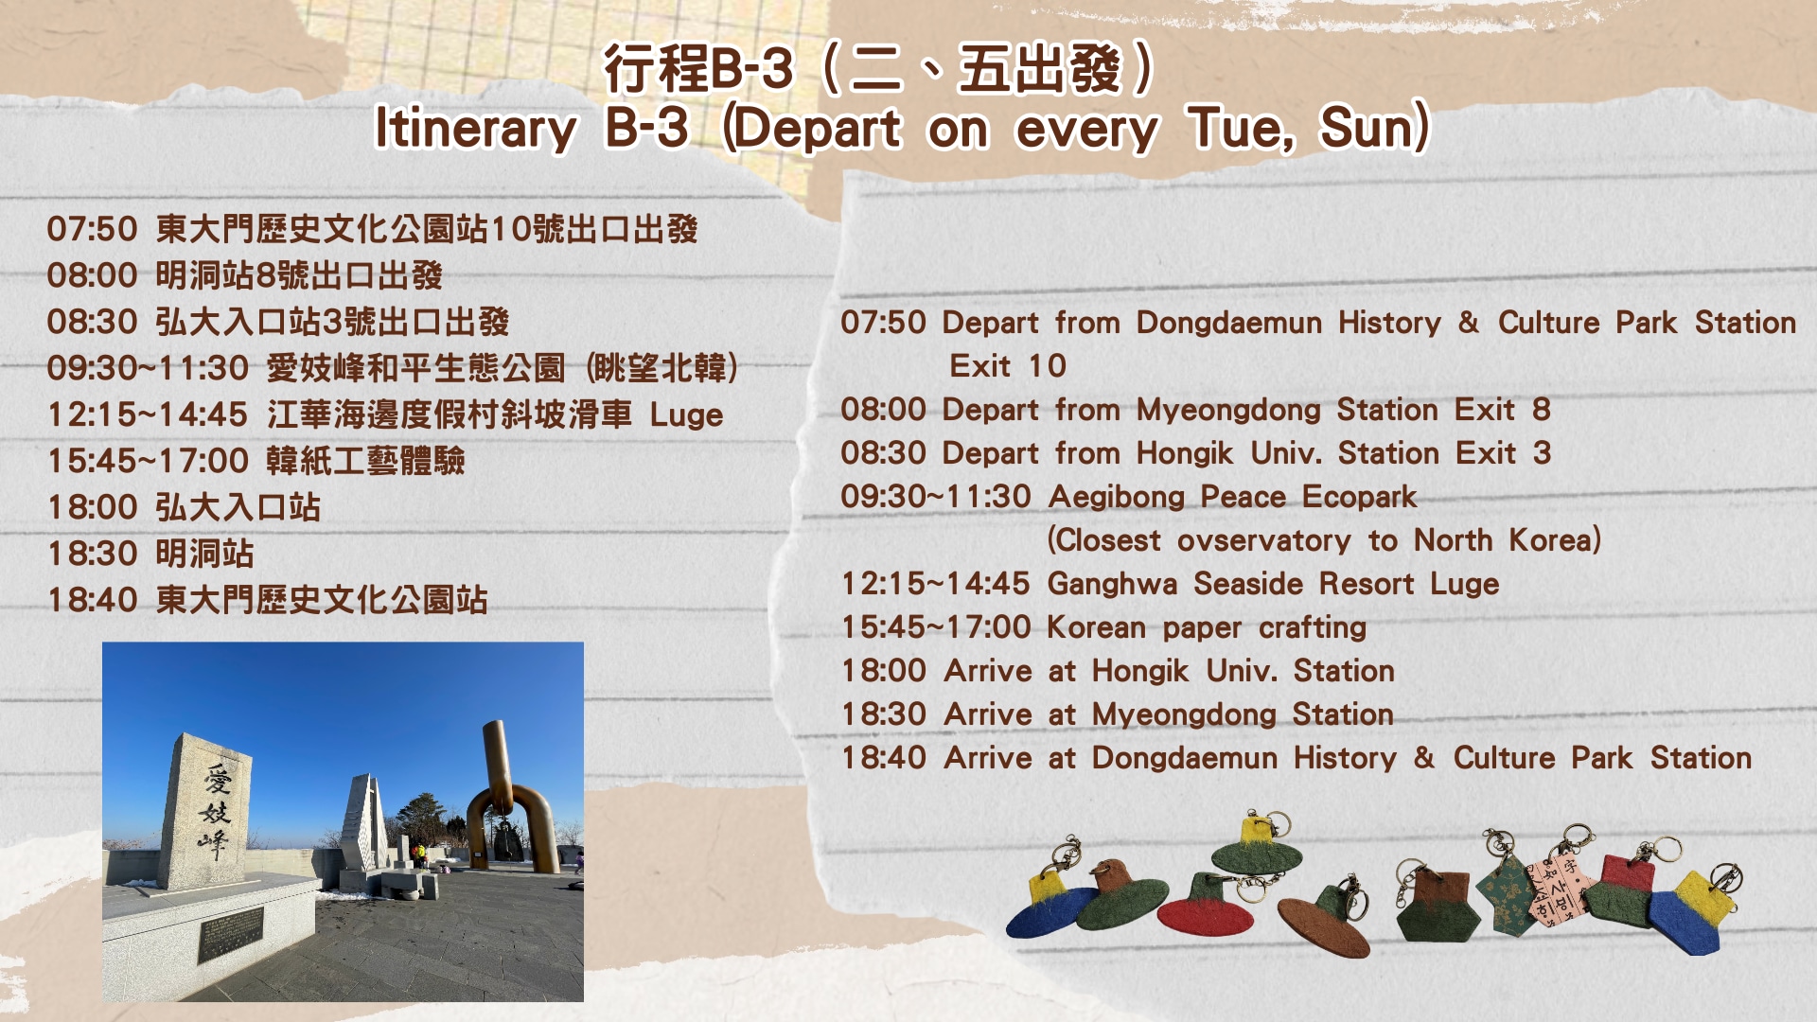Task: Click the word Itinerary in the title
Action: [x=476, y=129]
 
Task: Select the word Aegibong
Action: [x=1117, y=497]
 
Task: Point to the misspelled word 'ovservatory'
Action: [x=1264, y=540]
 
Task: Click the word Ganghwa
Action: [x=1112, y=584]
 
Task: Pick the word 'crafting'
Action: [x=1313, y=627]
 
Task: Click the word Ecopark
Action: [x=1359, y=497]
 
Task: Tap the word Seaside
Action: [x=1248, y=584]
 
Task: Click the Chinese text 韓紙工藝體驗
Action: [x=365, y=461]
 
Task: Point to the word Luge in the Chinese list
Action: [x=686, y=415]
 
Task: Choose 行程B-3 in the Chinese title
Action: [x=699, y=68]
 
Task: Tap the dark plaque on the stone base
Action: [x=230, y=935]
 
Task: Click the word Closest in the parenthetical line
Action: [x=1103, y=540]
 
